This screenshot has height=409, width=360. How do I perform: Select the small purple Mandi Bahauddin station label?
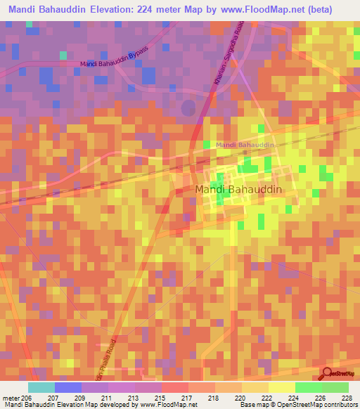[243, 145]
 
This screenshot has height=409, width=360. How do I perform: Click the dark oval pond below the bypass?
[188, 108]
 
